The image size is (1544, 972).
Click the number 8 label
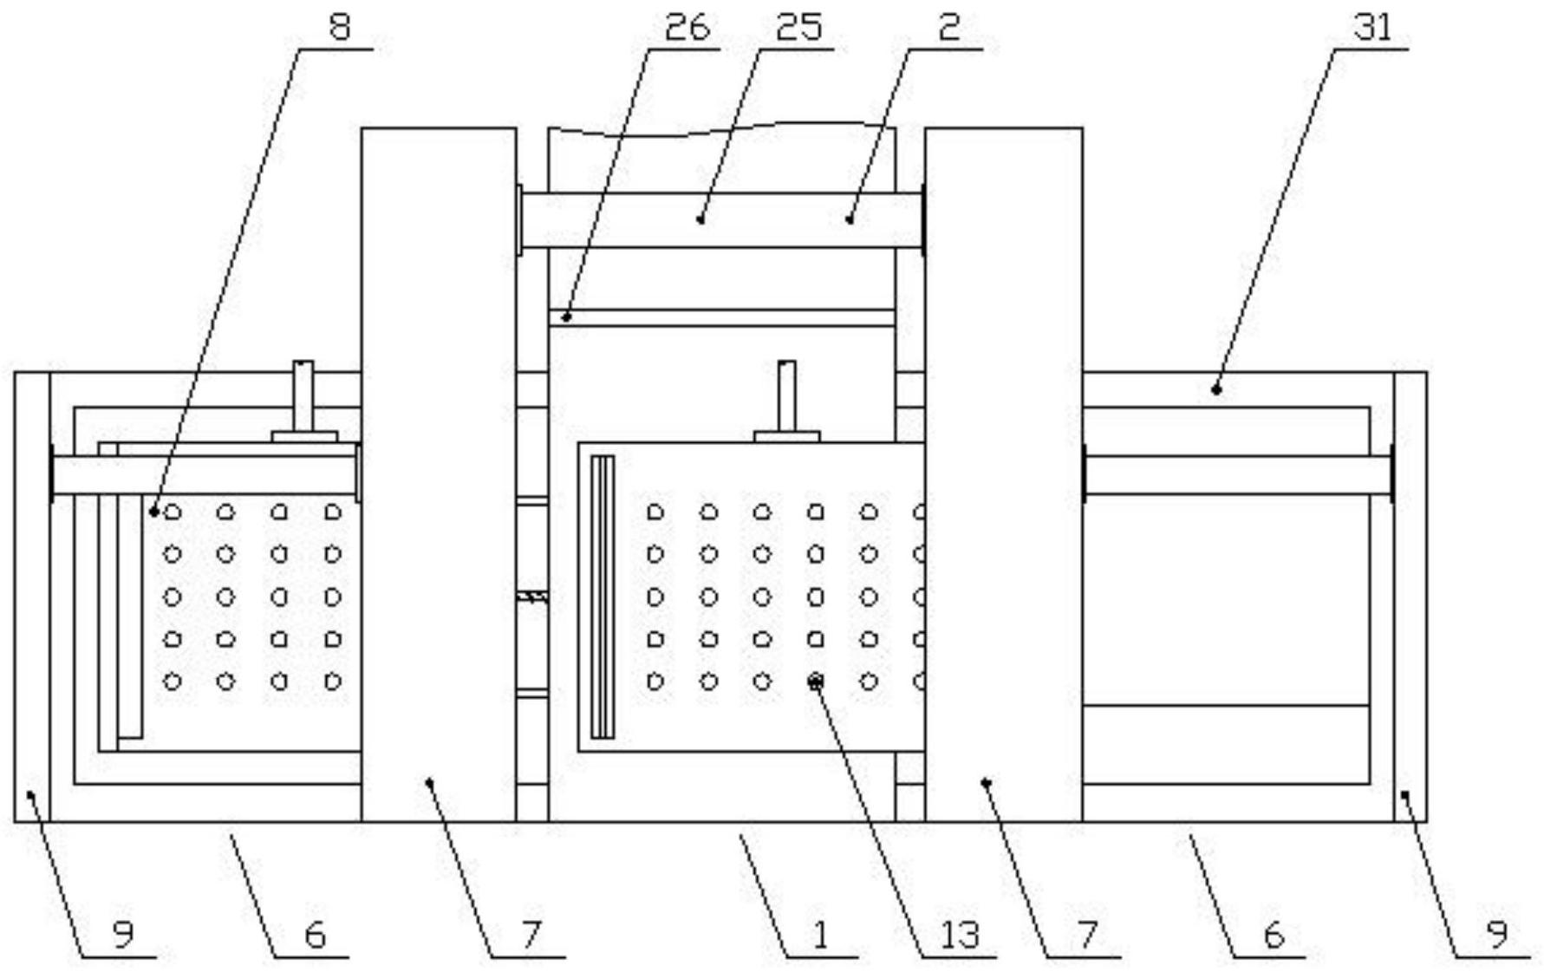[340, 28]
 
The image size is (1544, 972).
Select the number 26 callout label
[687, 28]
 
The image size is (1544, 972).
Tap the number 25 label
[798, 28]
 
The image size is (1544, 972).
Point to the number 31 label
[1372, 28]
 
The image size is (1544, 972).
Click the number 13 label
[959, 935]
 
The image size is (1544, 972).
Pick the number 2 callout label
[949, 28]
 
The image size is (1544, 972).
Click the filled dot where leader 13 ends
[815, 682]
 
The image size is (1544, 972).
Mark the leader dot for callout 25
[700, 220]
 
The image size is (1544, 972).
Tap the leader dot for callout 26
[565, 317]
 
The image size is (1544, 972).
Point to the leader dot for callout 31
[1216, 390]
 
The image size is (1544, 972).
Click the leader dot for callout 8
[153, 512]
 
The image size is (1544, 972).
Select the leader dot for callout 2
[849, 220]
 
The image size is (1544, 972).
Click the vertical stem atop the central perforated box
[786, 395]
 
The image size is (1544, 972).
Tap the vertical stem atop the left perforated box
[303, 395]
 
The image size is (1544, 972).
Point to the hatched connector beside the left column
[531, 597]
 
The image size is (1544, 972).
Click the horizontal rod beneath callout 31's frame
[1237, 475]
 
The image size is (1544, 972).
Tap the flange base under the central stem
[786, 436]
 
